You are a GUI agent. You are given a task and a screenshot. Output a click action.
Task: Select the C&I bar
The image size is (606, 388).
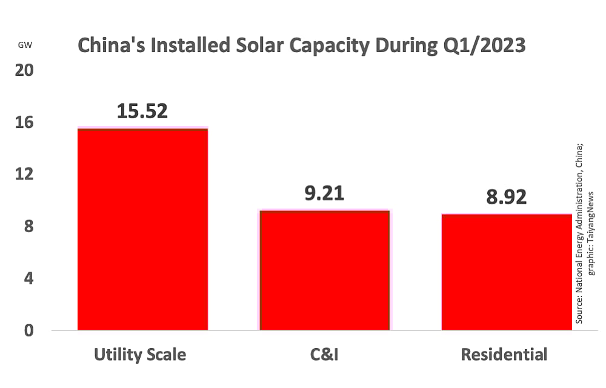(x=324, y=270)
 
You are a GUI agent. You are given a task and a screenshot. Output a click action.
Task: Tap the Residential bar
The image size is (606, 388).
(x=507, y=272)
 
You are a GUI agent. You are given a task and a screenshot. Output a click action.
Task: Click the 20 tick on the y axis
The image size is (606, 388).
(x=24, y=70)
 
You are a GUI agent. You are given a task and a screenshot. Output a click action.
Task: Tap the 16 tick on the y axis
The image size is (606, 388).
(x=24, y=122)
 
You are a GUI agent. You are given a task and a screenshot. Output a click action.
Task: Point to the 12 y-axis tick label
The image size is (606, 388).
(x=24, y=175)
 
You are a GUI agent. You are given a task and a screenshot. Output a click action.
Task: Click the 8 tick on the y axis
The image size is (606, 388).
(x=28, y=227)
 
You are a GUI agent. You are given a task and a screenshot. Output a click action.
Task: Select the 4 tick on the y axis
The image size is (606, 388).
(x=28, y=279)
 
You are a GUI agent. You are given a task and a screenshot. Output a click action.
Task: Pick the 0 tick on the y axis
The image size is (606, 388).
(x=28, y=331)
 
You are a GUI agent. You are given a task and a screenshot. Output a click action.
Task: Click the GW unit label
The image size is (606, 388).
(x=25, y=44)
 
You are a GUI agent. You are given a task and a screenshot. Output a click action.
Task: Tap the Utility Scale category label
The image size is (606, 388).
(x=140, y=354)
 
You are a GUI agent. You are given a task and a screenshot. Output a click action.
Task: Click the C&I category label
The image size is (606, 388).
(x=322, y=354)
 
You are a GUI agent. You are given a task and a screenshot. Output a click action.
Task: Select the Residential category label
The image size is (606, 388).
(x=504, y=354)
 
